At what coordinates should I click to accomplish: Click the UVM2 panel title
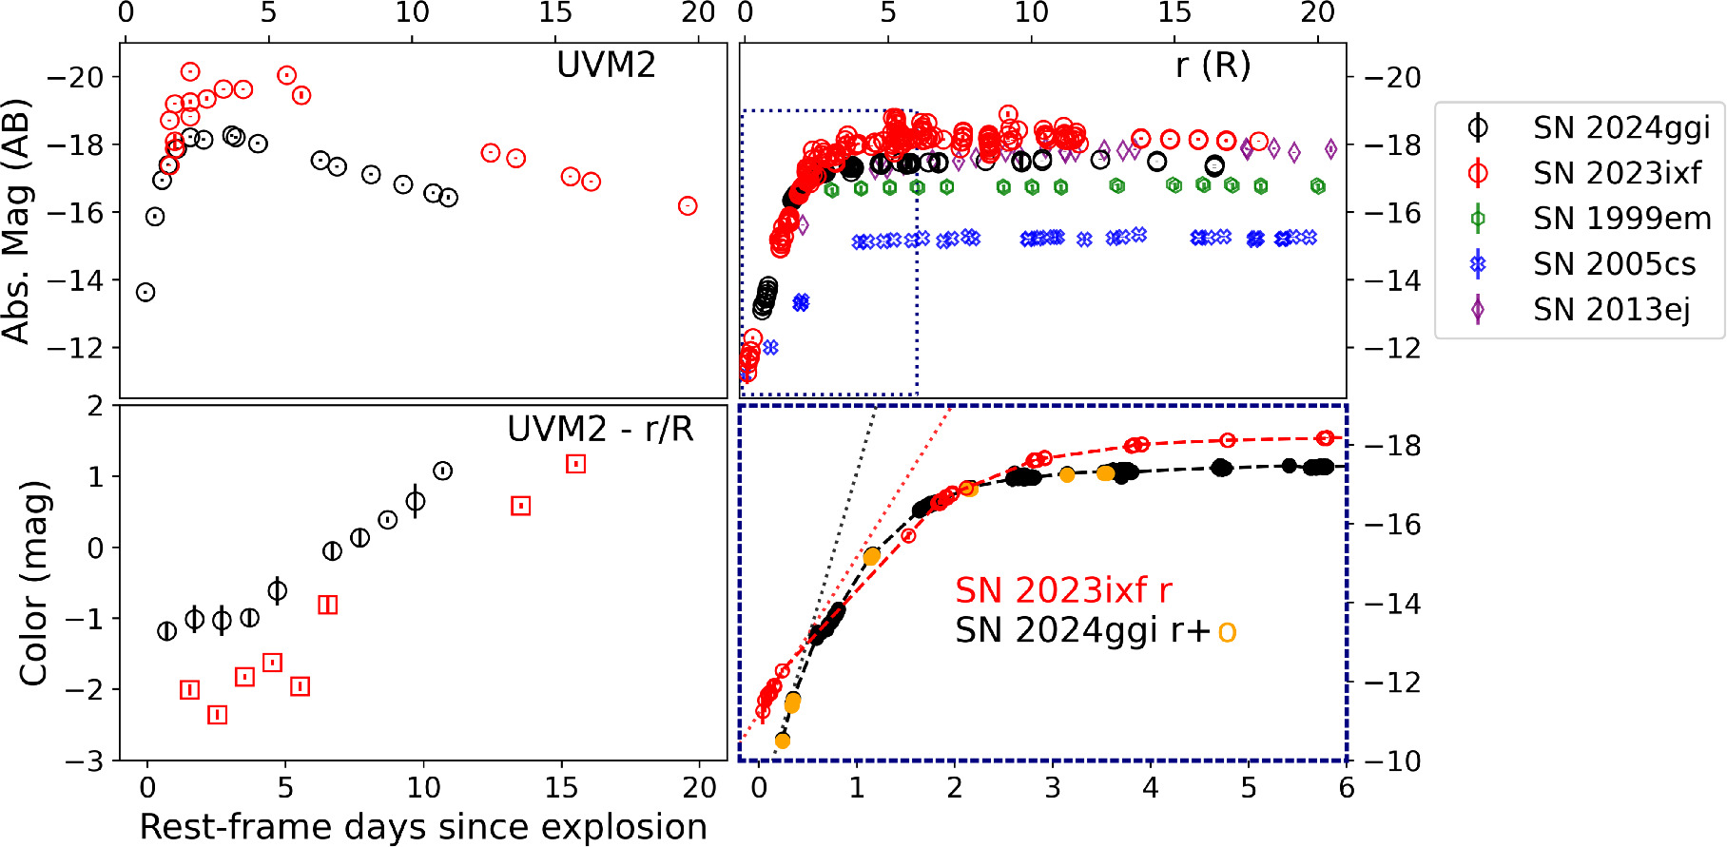click(606, 66)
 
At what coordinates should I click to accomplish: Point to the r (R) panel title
click(1213, 66)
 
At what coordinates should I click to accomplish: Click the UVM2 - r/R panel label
click(600, 430)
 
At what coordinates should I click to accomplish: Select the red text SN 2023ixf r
click(1063, 590)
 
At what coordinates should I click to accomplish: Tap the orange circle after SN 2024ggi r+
click(1227, 631)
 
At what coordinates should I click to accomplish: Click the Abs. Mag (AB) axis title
click(16, 221)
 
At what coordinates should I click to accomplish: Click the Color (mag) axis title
click(34, 584)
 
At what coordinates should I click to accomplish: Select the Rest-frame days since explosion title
click(423, 827)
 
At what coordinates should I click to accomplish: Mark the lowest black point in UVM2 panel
click(146, 292)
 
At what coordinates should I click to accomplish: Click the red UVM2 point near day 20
click(688, 206)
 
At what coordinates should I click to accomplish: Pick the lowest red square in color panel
click(218, 714)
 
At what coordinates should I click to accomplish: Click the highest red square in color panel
click(575, 464)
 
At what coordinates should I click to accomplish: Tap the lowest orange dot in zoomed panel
click(783, 740)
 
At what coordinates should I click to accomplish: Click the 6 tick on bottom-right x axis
click(1346, 788)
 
